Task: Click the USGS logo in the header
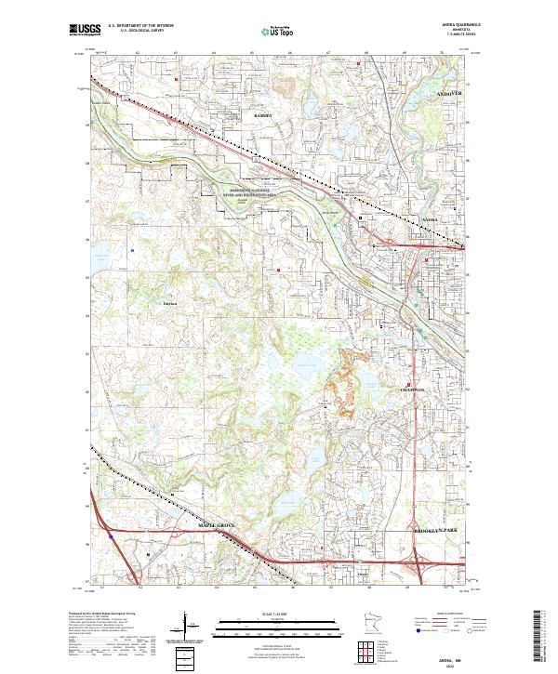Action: pyautogui.click(x=86, y=32)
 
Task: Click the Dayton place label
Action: pyautogui.click(x=169, y=303)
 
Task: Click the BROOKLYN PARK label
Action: pyautogui.click(x=435, y=529)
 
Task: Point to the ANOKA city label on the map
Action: pyautogui.click(x=430, y=219)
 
